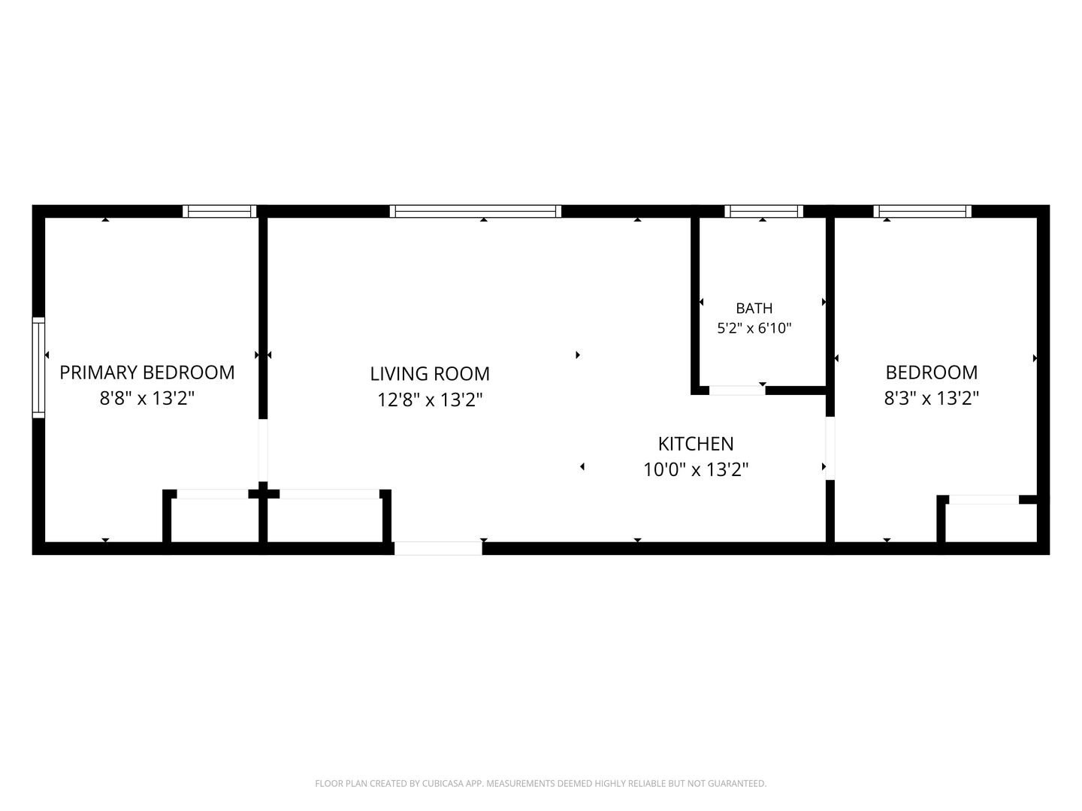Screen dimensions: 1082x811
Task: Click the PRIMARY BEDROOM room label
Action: [147, 372]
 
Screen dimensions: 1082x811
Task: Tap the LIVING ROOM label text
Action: [430, 374]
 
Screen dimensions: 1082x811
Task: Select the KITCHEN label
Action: [696, 444]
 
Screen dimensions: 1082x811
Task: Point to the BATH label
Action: [754, 308]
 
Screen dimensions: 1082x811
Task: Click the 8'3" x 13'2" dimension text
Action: [931, 398]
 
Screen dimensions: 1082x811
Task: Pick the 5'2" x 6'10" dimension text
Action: [754, 328]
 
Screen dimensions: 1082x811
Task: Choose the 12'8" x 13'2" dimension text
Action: [429, 399]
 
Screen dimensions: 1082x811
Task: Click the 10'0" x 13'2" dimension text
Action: [696, 470]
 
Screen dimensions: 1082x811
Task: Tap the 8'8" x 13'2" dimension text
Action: [147, 398]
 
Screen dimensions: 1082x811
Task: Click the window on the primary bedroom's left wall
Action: [38, 368]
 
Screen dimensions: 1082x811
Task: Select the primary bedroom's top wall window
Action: [219, 211]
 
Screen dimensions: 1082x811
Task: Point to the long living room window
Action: [475, 211]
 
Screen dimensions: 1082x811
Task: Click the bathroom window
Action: [763, 211]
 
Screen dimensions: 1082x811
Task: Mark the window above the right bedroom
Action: [922, 211]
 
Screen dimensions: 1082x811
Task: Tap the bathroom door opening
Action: [737, 390]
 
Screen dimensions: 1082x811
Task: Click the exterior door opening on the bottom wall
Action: [438, 548]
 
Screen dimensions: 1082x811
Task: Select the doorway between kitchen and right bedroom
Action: [830, 448]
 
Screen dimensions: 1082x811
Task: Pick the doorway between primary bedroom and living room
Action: [263, 450]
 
